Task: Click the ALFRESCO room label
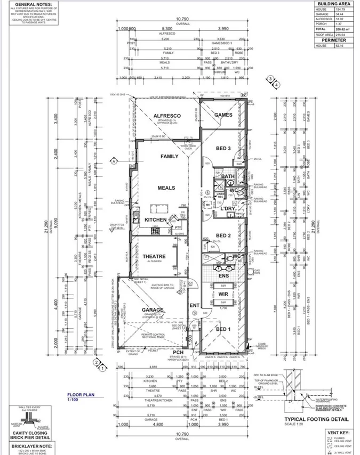pyautogui.click(x=167, y=116)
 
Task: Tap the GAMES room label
pyautogui.click(x=224, y=115)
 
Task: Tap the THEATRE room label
pyautogui.click(x=154, y=257)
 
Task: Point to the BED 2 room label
pyautogui.click(x=223, y=235)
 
